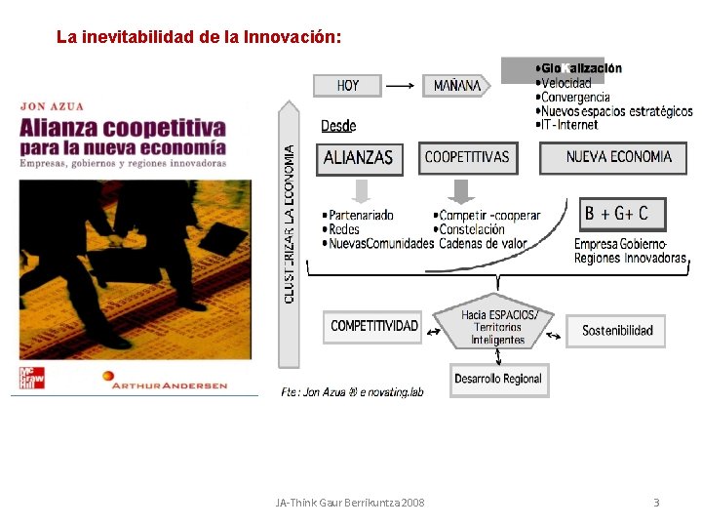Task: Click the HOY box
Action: (347, 86)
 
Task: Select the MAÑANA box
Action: (456, 86)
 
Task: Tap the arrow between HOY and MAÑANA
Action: (402, 86)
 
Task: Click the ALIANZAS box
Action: (359, 158)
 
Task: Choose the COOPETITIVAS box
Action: (467, 157)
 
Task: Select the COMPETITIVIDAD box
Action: (373, 326)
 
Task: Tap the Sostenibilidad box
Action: (617, 331)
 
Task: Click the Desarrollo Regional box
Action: (499, 379)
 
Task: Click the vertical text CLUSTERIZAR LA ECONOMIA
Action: (290, 224)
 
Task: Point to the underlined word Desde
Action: (338, 126)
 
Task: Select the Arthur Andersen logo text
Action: (169, 385)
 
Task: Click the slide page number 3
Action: (656, 503)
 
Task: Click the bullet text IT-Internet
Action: (568, 125)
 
